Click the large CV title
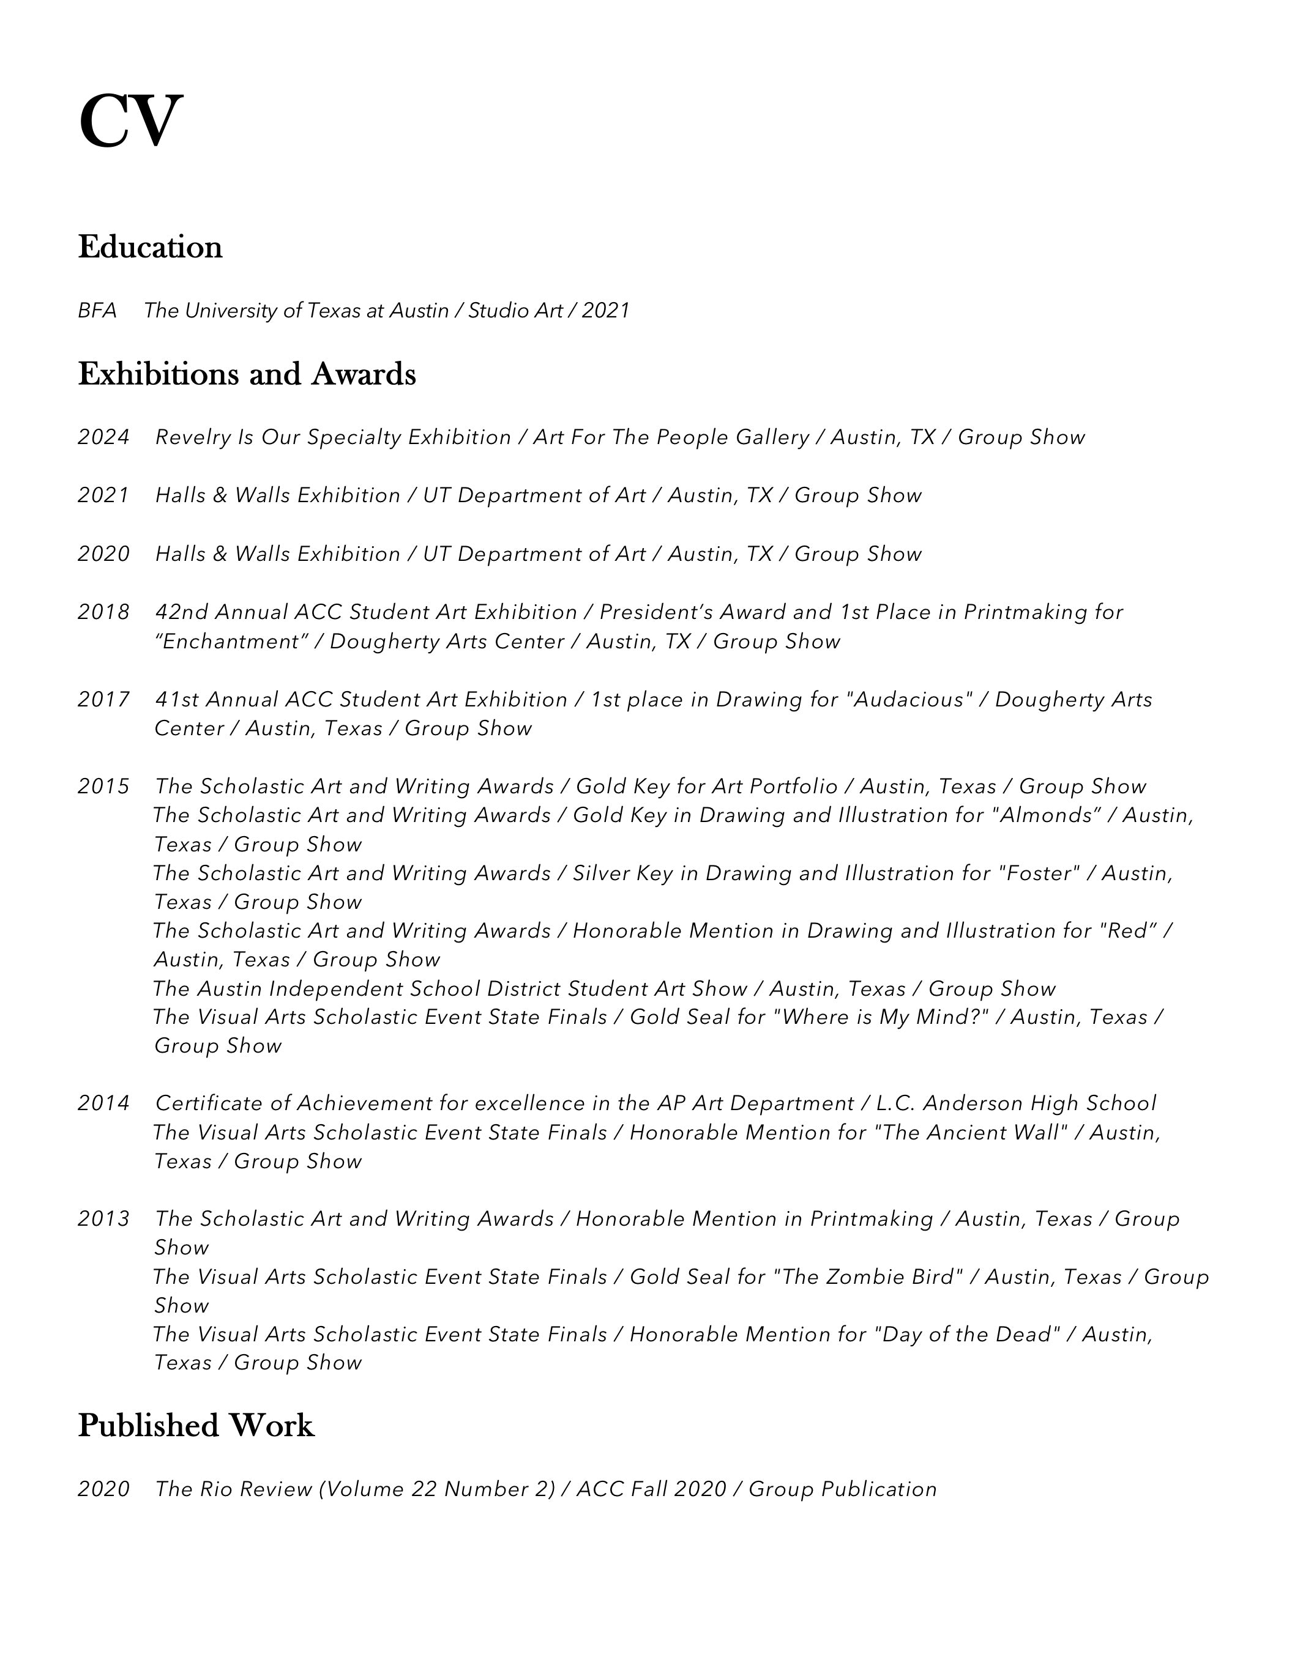pyautogui.click(x=130, y=121)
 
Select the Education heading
pyautogui.click(x=150, y=247)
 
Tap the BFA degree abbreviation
pyautogui.click(x=97, y=311)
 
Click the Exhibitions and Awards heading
pyautogui.click(x=247, y=374)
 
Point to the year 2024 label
pyautogui.click(x=103, y=438)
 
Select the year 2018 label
pyautogui.click(x=103, y=612)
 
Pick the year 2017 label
pyautogui.click(x=103, y=699)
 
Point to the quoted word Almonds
pyautogui.click(x=1045, y=815)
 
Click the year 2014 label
pyautogui.click(x=103, y=1103)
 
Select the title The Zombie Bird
pyautogui.click(x=868, y=1277)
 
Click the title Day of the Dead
pyautogui.click(x=966, y=1335)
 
